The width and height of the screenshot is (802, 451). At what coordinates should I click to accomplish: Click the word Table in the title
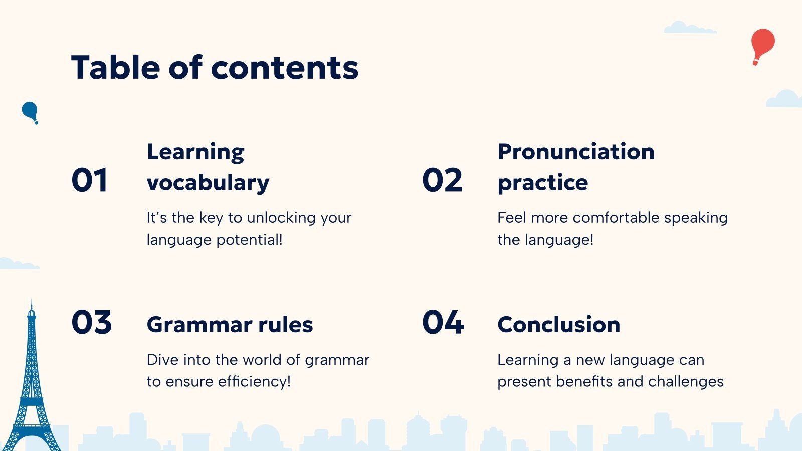pos(115,67)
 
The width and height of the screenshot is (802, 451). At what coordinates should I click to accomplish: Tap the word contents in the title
pos(285,68)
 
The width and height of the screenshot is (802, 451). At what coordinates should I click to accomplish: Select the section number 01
pos(90,180)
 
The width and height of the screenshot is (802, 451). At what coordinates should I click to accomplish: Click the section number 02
pos(442,180)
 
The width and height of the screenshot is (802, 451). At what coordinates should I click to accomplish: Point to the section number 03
pos(92,322)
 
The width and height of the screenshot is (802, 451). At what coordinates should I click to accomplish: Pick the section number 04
pos(443,322)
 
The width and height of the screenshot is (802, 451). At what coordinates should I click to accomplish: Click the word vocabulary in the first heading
pos(208,183)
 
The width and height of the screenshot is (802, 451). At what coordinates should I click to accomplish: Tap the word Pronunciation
pos(576,151)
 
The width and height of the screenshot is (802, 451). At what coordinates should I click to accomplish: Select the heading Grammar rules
pos(230,324)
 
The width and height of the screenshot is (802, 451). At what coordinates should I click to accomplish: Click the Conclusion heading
pos(559,324)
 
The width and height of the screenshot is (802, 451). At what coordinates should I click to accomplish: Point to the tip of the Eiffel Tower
pos(32,300)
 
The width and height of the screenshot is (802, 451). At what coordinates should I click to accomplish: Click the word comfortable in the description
pos(616,217)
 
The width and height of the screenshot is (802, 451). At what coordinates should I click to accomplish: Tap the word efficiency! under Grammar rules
pos(254,381)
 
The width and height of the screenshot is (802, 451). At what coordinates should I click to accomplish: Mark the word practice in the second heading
pos(543,183)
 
